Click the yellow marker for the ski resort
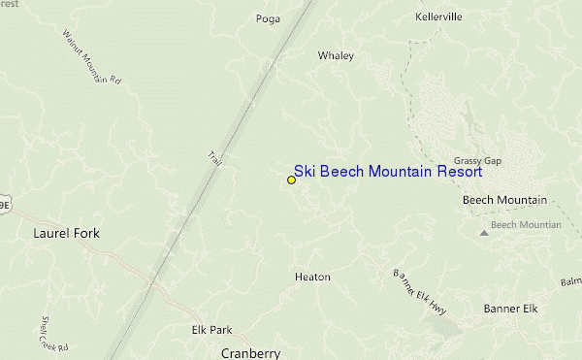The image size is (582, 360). tap(291, 180)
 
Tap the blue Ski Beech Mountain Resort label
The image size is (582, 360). tap(388, 171)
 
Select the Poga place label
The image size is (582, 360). tap(268, 18)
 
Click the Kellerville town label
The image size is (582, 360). tap(438, 17)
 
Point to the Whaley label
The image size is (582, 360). tap(336, 56)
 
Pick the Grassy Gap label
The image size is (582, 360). tap(477, 161)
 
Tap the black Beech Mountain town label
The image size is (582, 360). tap(504, 200)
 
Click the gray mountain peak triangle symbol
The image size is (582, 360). tap(484, 233)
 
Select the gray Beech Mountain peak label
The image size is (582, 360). tap(526, 225)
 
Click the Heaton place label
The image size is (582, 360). tap(312, 278)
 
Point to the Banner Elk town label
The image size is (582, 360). tap(510, 309)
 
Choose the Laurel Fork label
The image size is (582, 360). tap(66, 234)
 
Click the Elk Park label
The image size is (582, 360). tap(211, 330)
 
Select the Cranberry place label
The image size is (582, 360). tap(250, 353)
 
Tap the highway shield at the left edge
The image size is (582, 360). tap(4, 206)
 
